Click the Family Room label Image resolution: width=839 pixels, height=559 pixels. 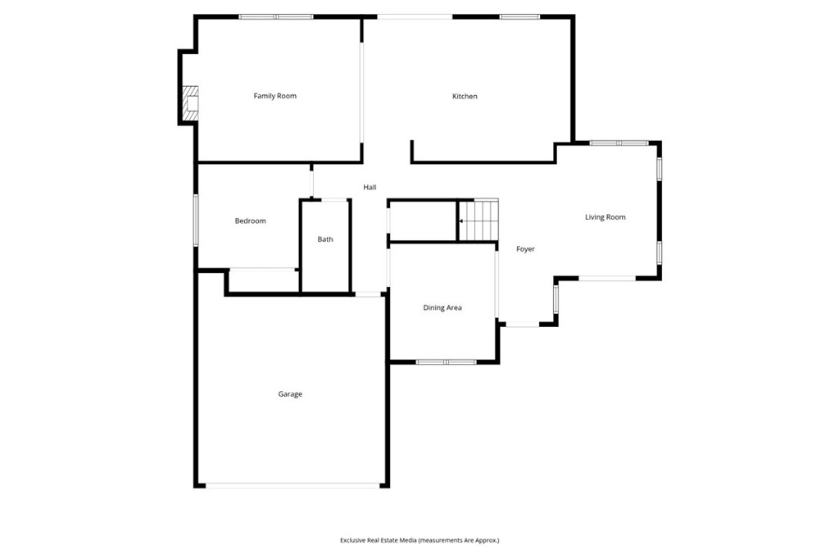click(274, 96)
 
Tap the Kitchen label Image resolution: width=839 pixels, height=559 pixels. click(465, 97)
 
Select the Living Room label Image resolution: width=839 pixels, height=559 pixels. click(605, 217)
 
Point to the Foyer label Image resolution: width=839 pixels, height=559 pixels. click(525, 249)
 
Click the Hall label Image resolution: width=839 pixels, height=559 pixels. click(370, 188)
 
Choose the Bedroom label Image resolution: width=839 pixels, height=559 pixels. click(250, 220)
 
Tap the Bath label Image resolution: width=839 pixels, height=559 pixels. click(325, 239)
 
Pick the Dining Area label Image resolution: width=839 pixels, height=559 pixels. click(442, 308)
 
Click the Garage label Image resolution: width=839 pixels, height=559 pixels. click(290, 394)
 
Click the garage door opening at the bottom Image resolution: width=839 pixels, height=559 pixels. click(292, 485)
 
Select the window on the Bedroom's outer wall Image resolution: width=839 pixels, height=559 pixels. click(195, 219)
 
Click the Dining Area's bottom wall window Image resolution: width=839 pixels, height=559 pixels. click(446, 361)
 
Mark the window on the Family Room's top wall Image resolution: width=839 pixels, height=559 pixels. click(276, 16)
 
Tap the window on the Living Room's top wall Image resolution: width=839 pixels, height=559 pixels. click(619, 143)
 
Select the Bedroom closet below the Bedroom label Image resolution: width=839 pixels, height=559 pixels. click(262, 280)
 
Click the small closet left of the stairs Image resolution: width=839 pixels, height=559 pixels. click(422, 220)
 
